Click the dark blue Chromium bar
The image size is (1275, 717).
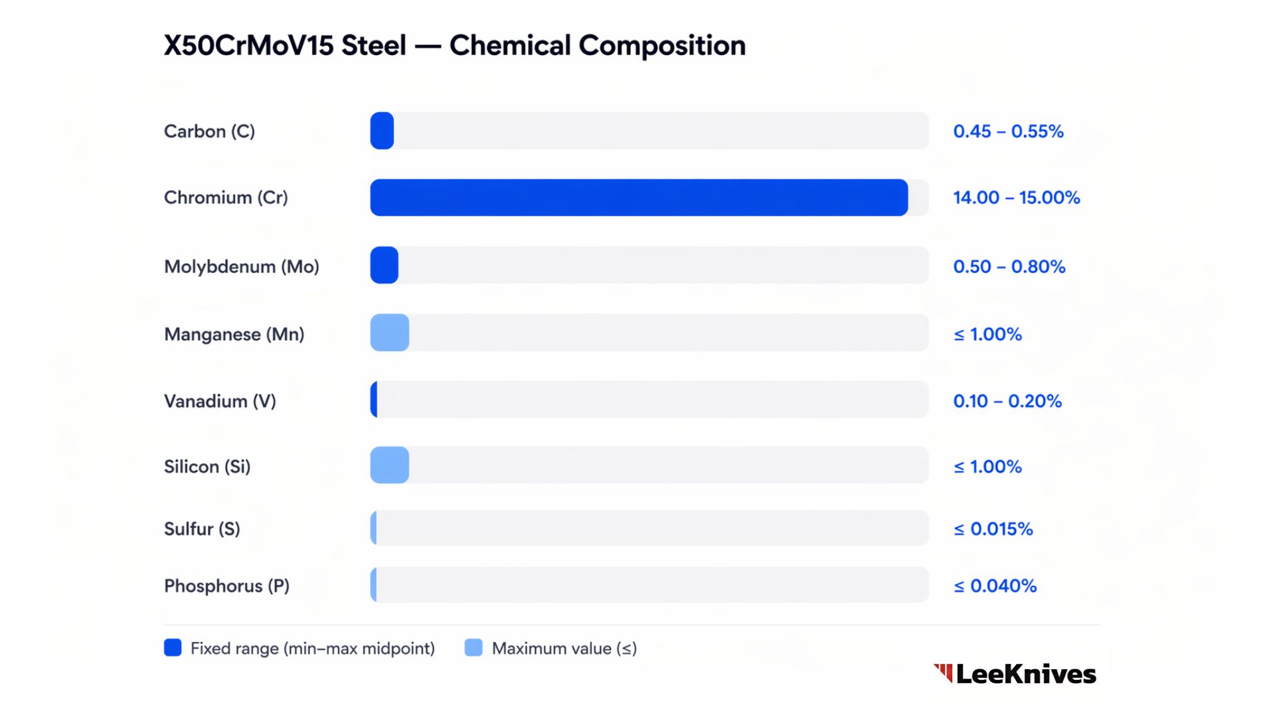639,197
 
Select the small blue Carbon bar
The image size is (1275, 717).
382,131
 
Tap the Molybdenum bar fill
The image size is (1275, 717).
384,265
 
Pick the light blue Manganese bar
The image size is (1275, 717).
390,333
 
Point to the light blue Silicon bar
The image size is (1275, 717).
390,465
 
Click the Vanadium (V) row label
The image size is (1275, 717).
220,401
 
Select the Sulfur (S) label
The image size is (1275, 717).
202,528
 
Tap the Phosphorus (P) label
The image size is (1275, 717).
226,586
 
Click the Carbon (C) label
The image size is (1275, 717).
209,131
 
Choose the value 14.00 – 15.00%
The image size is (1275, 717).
1016,198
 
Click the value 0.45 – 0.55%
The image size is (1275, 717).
1008,131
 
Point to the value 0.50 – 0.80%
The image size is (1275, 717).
1009,266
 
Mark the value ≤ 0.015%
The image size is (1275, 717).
993,528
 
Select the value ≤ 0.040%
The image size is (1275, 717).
995,586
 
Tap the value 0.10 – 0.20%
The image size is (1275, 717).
1007,401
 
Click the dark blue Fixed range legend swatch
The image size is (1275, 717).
173,647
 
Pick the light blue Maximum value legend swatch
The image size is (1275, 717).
473,647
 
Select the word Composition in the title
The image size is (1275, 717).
662,46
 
